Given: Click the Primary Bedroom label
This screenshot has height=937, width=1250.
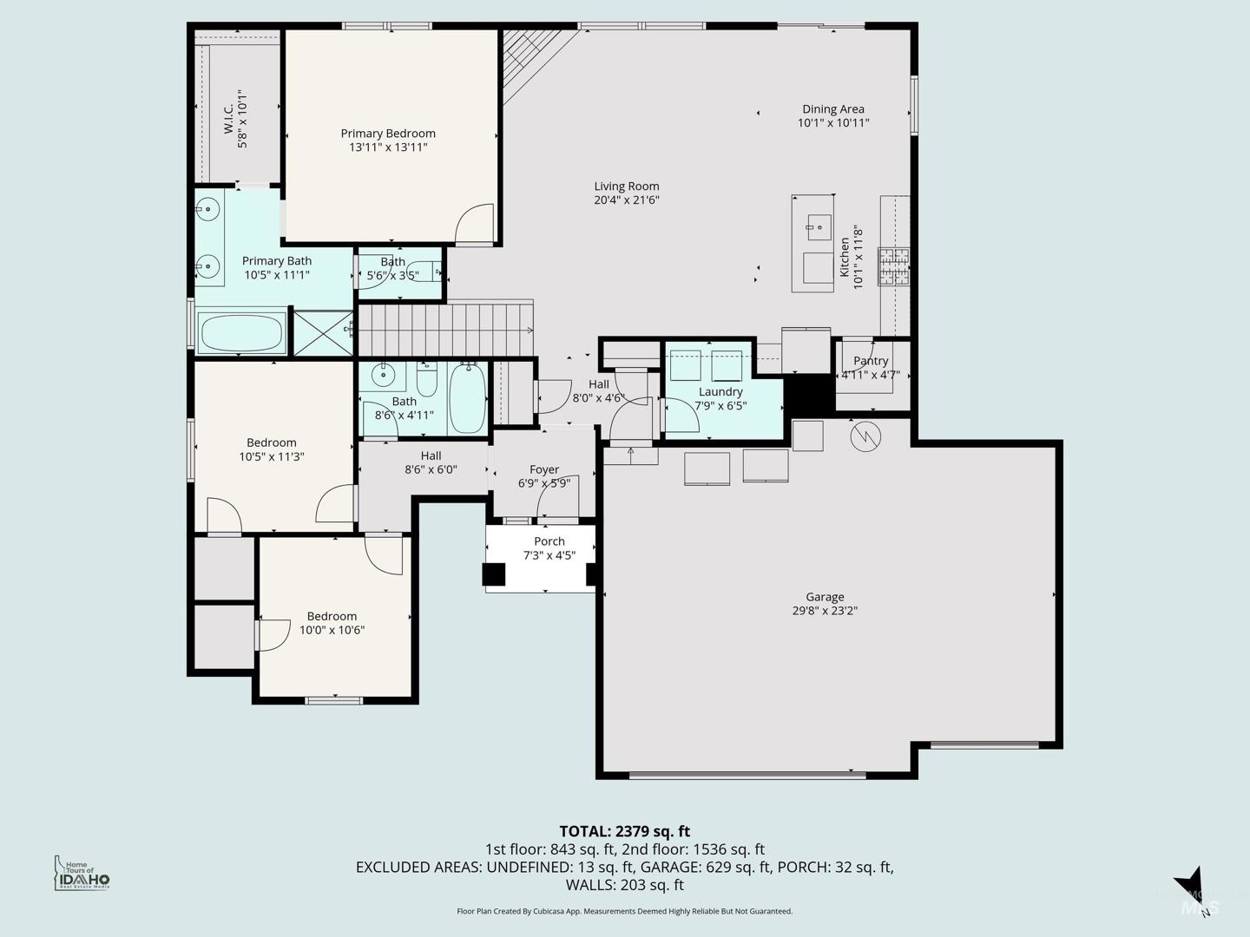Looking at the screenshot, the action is click(x=388, y=133).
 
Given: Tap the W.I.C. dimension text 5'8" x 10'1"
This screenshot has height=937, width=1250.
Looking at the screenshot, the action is click(x=242, y=119).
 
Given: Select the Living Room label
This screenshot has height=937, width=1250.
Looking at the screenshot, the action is click(x=627, y=186).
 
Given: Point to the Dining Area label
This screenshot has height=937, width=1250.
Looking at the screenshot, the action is click(x=833, y=108).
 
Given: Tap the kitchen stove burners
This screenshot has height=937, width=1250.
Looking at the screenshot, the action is click(x=893, y=266).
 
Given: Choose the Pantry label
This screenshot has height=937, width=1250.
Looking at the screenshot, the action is click(x=871, y=361).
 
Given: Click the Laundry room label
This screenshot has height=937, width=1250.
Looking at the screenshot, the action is click(x=720, y=391).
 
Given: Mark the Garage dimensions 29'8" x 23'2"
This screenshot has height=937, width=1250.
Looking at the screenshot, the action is click(x=825, y=611).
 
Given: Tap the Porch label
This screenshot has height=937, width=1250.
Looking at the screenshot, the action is click(x=549, y=541).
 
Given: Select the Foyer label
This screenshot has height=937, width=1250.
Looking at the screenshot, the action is click(x=544, y=469).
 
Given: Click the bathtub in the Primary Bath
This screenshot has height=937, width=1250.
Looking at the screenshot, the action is click(x=242, y=333).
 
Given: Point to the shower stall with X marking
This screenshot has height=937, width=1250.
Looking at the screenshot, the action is click(x=323, y=333).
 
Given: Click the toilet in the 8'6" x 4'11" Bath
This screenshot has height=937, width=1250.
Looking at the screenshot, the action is click(x=426, y=379).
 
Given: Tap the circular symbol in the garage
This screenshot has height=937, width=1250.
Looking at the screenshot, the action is click(x=865, y=436).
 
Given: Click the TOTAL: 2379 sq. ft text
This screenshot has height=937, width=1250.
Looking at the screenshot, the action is click(x=625, y=831).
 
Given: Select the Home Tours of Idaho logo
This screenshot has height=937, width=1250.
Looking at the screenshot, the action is click(x=82, y=873).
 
